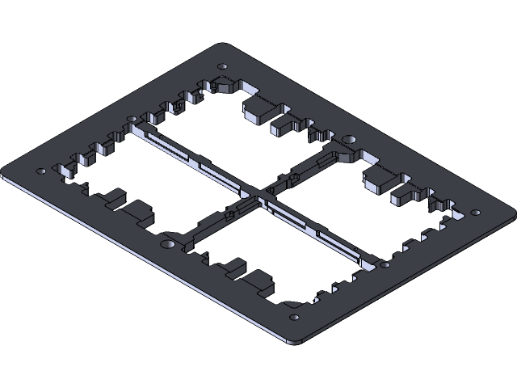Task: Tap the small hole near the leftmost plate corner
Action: (x=42, y=171)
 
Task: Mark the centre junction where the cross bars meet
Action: (x=258, y=192)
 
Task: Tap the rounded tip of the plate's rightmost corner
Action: (x=512, y=216)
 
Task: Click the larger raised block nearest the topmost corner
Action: (x=260, y=110)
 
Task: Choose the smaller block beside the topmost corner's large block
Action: (x=285, y=124)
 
